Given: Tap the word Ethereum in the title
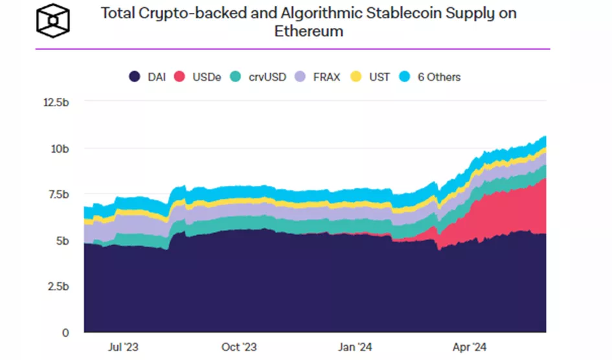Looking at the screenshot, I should pyautogui.click(x=309, y=32).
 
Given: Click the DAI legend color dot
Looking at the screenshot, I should pyautogui.click(x=135, y=77).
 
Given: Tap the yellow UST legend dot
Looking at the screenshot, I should pyautogui.click(x=356, y=77).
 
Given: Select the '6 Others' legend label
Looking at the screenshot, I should pyautogui.click(x=438, y=77).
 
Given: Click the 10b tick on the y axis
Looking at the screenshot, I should pyautogui.click(x=59, y=148).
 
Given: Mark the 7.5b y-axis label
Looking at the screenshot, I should pyautogui.click(x=56, y=194).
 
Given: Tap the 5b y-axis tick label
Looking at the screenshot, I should pyautogui.click(x=61, y=240).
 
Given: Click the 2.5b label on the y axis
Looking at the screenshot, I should pyautogui.click(x=56, y=286).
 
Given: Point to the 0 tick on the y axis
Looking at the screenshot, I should pyautogui.click(x=64, y=333).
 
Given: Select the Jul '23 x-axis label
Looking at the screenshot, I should pyautogui.click(x=124, y=347).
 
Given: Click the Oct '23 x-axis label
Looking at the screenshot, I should pyautogui.click(x=240, y=347).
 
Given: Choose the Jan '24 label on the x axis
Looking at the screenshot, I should pyautogui.click(x=355, y=347).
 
